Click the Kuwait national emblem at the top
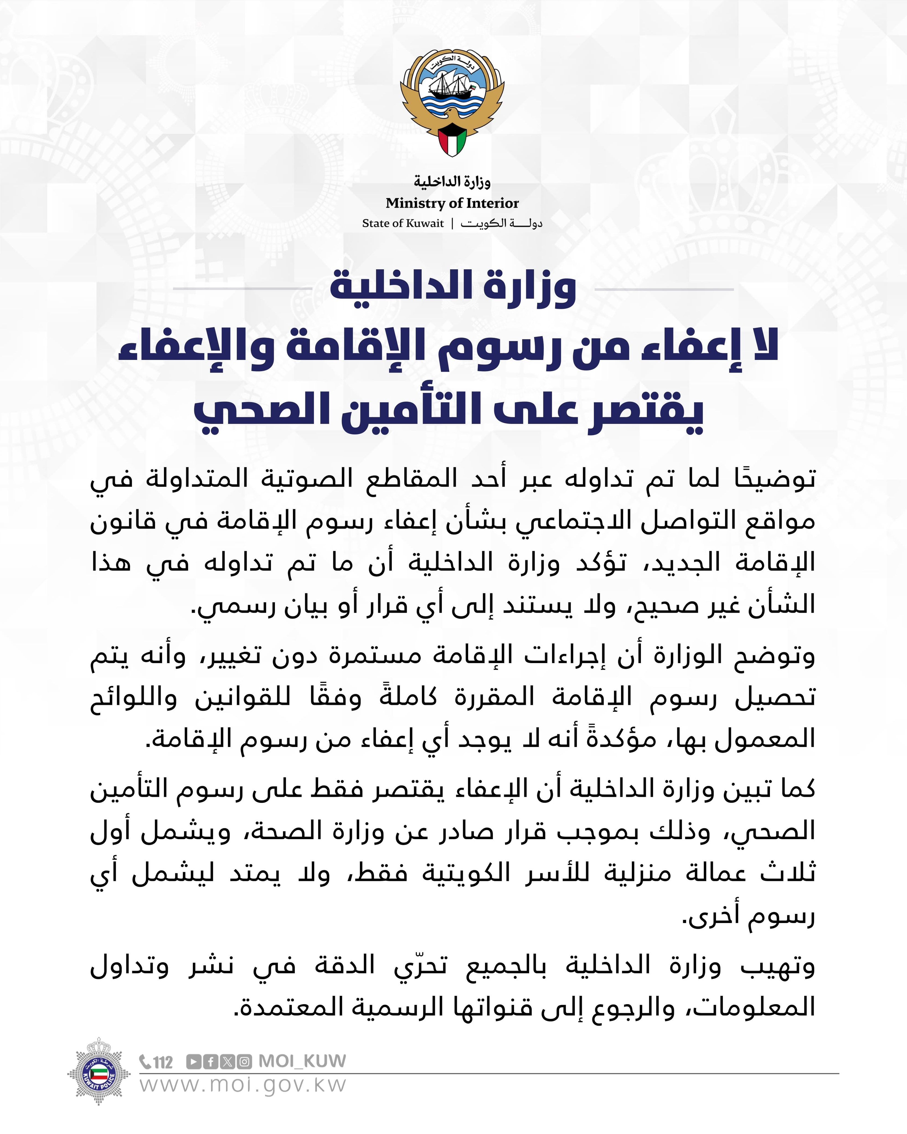tap(452, 100)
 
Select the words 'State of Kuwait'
tap(403, 223)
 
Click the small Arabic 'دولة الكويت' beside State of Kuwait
tap(501, 223)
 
